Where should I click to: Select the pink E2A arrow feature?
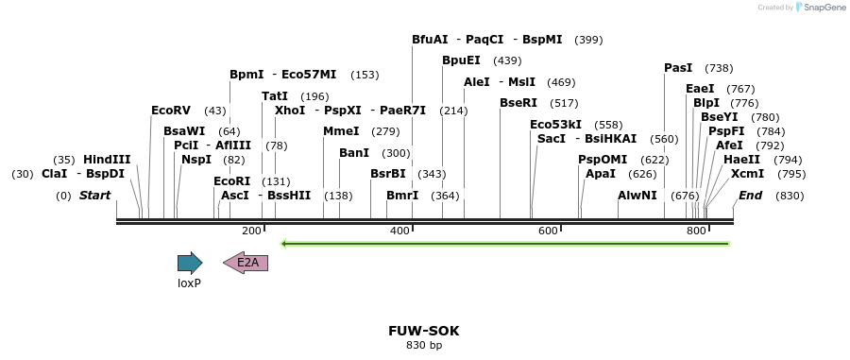coord(246,263)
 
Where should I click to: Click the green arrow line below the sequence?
coord(505,244)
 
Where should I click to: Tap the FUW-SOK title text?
coord(424,331)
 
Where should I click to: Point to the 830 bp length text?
coord(424,346)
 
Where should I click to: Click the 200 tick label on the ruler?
coord(251,231)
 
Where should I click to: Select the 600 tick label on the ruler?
coord(548,231)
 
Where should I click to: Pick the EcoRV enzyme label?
coord(171,111)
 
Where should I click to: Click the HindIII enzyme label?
coord(107,160)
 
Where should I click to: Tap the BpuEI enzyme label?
coord(461,60)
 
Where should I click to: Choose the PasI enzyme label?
coord(678,68)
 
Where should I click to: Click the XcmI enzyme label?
coord(748,174)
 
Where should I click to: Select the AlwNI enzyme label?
coord(637,196)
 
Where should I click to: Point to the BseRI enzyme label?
coord(518,103)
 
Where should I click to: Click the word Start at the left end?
coord(94,196)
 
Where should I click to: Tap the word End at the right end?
coord(751,196)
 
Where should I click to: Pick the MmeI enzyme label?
coord(341,131)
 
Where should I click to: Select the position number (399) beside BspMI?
coord(588,40)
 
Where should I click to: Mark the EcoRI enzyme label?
coord(231,181)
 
